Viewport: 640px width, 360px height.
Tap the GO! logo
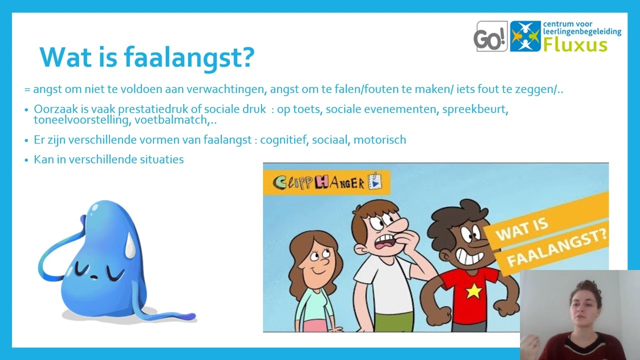pos(490,36)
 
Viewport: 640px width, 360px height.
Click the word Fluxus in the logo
pos(575,44)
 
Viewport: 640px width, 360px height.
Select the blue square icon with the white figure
pos(525,36)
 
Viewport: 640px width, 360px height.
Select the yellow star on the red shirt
pos(473,290)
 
